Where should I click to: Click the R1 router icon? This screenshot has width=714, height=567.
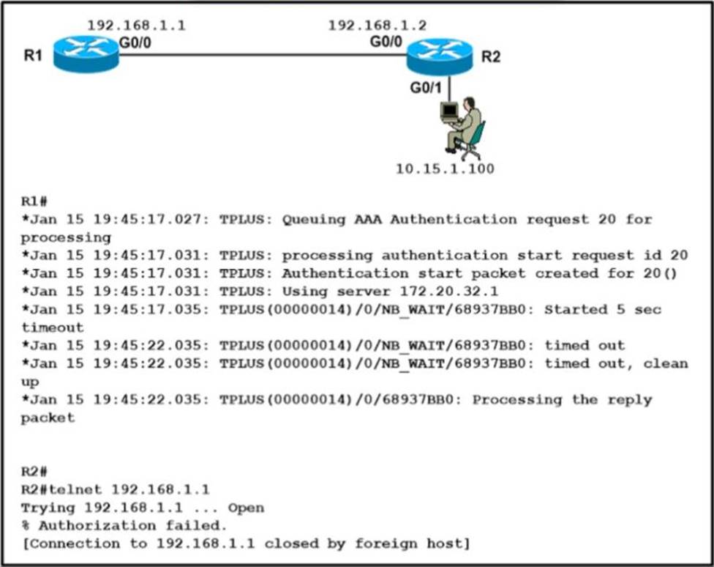click(86, 53)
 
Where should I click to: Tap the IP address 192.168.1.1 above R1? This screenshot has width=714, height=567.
click(136, 26)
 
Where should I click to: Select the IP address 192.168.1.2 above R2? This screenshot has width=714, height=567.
click(377, 26)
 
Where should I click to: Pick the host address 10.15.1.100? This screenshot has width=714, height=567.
click(445, 169)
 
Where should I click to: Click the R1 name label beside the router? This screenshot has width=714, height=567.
click(33, 56)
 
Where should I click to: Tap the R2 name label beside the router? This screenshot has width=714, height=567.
click(491, 56)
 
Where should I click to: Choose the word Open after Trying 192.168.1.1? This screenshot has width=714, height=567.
click(246, 508)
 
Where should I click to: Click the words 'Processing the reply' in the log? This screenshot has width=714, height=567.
click(562, 400)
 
